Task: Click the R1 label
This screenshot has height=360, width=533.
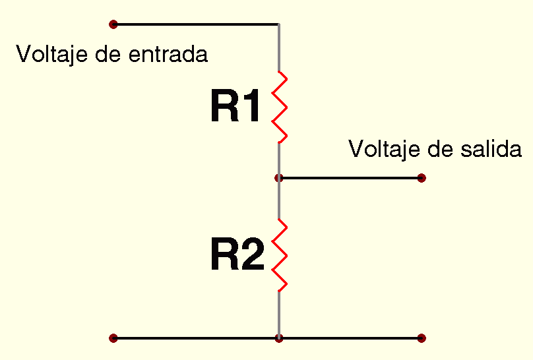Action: (x=235, y=107)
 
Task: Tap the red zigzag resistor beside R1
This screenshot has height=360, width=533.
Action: (x=280, y=107)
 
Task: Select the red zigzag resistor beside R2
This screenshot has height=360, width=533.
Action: (x=280, y=256)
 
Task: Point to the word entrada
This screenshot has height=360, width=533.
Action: (x=168, y=54)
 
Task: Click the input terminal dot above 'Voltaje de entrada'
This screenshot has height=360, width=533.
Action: (x=113, y=24)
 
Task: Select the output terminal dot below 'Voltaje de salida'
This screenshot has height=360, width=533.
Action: (x=422, y=178)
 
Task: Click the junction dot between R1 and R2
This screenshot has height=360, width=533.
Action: (x=279, y=178)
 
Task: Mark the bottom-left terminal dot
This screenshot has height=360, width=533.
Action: (x=113, y=338)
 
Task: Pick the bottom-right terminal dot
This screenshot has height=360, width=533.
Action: (x=422, y=338)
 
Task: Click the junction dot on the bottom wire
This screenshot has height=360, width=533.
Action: (x=279, y=338)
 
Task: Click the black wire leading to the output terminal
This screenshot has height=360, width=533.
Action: (x=350, y=178)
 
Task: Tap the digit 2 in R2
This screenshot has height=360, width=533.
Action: (x=253, y=256)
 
